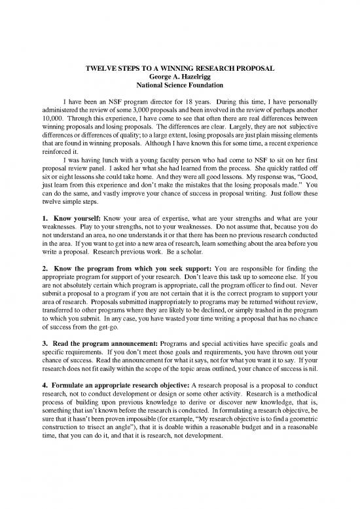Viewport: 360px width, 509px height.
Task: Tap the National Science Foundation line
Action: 180,85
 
